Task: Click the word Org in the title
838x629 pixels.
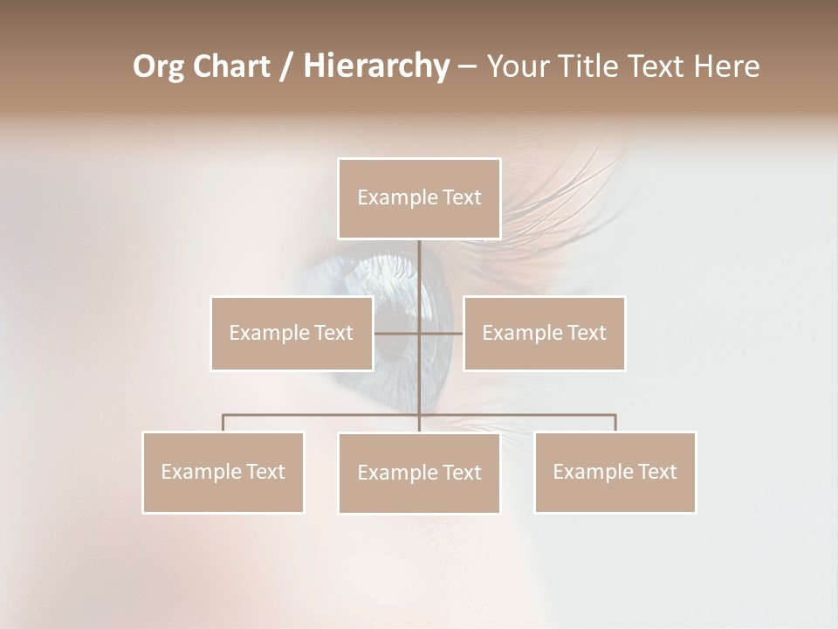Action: [158, 66]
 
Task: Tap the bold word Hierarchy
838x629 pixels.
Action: [376, 66]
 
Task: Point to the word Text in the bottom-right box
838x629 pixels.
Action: [656, 472]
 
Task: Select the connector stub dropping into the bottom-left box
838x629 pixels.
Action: [223, 423]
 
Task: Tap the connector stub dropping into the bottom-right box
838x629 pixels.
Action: [615, 423]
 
